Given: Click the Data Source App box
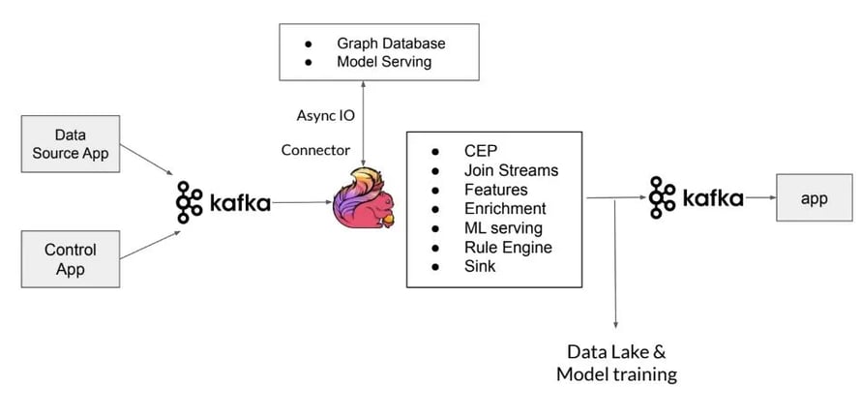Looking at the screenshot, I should (70, 143).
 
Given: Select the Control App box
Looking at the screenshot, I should (70, 259).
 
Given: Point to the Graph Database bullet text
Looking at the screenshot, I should (390, 44).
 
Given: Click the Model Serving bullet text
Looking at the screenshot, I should (384, 62).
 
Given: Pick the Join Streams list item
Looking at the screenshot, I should (510, 170).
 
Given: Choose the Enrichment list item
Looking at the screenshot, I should (504, 208).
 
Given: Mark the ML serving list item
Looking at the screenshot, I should (503, 227).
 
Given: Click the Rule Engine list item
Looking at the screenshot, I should (508, 247).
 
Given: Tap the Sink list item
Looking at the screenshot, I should (480, 265).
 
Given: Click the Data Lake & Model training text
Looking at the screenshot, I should (616, 362).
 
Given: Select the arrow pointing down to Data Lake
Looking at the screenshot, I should (615, 271).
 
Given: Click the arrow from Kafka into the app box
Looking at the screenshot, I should (759, 199).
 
